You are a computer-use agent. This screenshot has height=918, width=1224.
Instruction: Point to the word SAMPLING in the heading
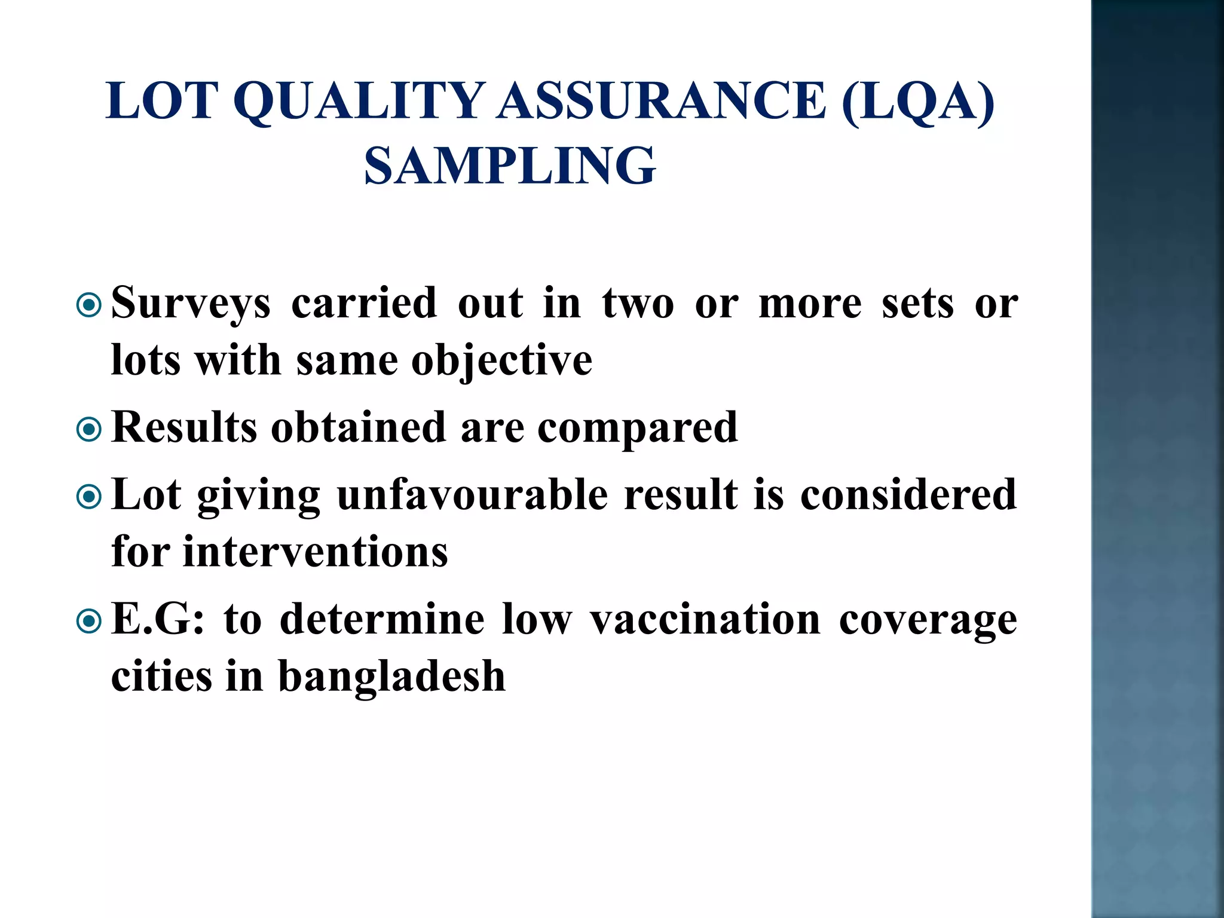(x=510, y=166)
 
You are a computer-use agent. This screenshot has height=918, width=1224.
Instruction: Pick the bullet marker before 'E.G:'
(x=90, y=622)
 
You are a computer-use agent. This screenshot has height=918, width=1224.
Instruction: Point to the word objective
(x=502, y=362)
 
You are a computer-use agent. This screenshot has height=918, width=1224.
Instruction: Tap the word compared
(x=638, y=429)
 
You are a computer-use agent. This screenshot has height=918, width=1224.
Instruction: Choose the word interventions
(x=316, y=551)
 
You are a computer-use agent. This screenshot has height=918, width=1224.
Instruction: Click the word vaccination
(x=705, y=620)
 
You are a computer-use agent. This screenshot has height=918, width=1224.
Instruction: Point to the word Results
(x=184, y=427)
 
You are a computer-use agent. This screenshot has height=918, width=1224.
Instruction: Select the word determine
(x=382, y=620)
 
